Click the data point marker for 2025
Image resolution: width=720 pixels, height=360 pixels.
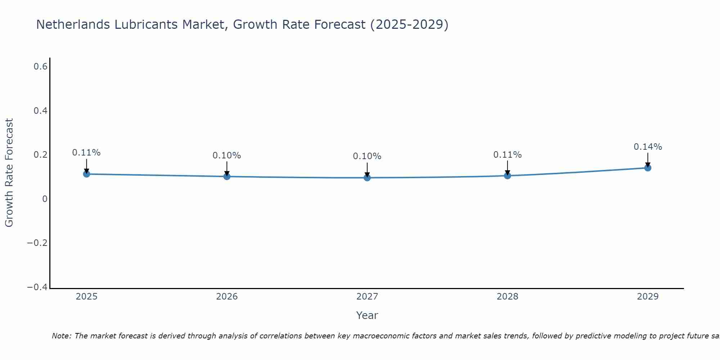86,174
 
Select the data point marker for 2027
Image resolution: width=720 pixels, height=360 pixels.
367,177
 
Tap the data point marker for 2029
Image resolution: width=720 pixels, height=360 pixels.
648,168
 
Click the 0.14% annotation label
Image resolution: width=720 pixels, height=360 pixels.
648,147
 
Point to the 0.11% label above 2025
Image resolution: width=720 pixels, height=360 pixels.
86,153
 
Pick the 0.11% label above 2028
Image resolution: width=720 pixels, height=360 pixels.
507,155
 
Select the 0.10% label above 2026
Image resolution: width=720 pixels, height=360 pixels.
227,156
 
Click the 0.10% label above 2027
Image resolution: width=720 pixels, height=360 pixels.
367,156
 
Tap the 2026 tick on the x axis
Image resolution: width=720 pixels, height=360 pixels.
227,297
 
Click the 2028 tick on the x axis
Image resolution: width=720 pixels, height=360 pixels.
507,297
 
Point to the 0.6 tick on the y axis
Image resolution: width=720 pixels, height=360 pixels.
41,67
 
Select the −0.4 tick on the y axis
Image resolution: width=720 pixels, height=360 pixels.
37,287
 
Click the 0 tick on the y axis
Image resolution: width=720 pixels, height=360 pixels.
45,199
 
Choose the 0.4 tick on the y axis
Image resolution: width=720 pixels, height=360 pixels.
41,111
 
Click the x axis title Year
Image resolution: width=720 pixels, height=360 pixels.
367,315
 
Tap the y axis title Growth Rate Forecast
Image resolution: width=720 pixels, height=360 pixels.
9,173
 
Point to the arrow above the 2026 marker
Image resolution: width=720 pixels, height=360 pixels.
227,168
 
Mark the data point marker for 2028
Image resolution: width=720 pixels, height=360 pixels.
507,176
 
